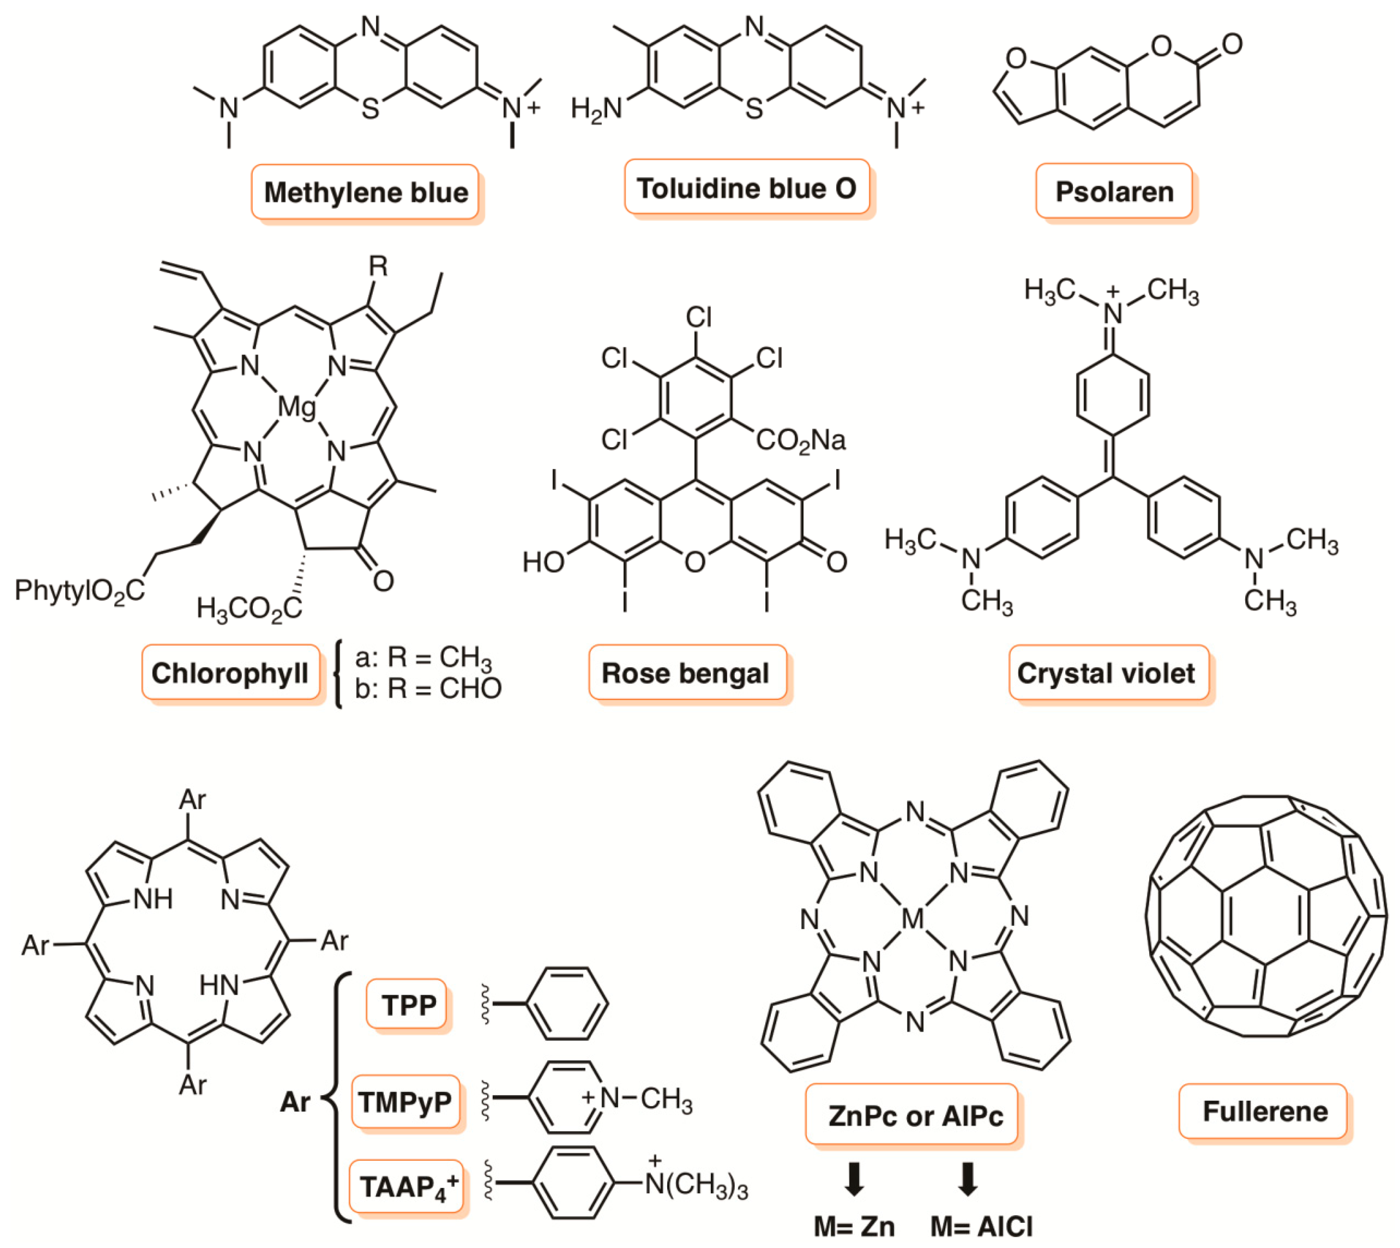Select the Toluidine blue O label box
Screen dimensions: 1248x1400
point(747,188)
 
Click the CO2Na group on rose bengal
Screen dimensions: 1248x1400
point(800,440)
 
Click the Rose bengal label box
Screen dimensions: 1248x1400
point(686,673)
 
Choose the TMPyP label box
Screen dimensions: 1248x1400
point(405,1102)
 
